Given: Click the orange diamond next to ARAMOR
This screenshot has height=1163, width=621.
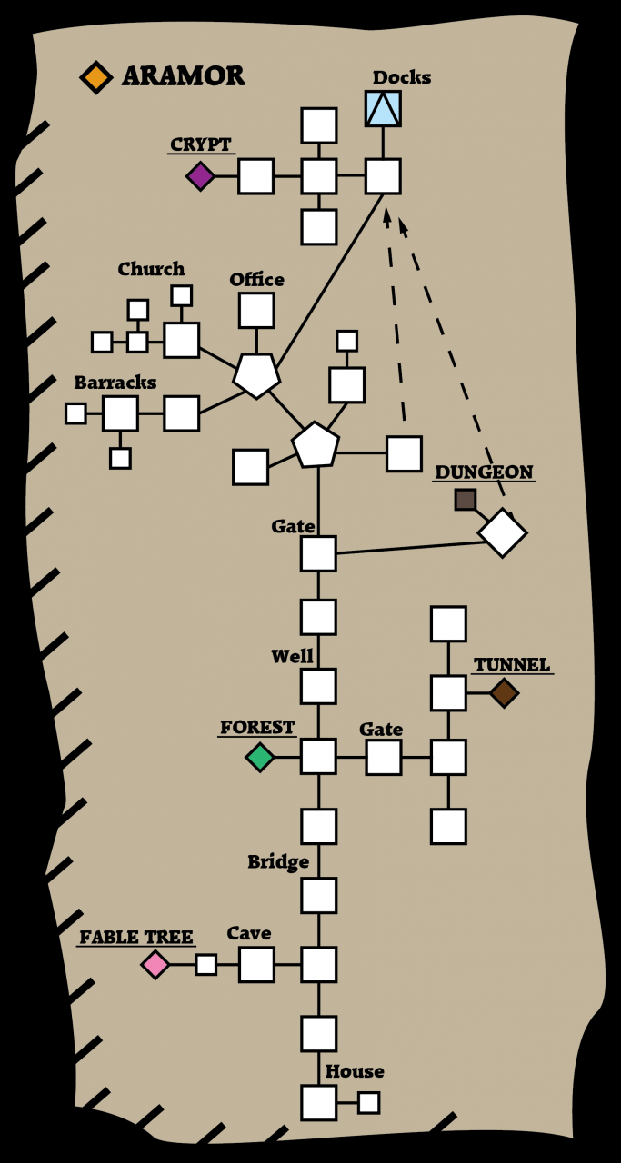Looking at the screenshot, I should (95, 76).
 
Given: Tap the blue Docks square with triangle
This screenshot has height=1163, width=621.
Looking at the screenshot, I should (383, 108).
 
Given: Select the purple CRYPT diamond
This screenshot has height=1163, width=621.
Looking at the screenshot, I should (200, 175).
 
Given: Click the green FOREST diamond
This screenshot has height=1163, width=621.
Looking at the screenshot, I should (260, 757).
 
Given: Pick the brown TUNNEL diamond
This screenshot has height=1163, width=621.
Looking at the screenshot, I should (504, 693).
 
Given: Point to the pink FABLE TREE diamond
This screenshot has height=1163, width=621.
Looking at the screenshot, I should (155, 964).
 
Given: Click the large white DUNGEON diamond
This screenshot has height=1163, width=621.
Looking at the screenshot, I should (503, 532).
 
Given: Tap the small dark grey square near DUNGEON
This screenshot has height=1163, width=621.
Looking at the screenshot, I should (466, 499).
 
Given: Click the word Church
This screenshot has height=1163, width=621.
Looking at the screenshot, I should (151, 269).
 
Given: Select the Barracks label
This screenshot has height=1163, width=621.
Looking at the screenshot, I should (115, 383).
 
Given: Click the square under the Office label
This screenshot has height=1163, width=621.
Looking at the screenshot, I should (256, 310).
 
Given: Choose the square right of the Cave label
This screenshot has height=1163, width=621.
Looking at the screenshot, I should (256, 964).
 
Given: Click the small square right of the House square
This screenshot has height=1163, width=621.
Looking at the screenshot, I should (368, 1102).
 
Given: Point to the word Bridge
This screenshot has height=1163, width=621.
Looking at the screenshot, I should (278, 861).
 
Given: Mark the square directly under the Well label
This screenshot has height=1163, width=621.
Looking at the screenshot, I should (318, 686).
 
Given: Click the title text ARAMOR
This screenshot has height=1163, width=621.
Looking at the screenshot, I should (183, 76).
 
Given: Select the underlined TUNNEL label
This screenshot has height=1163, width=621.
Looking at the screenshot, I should (512, 665).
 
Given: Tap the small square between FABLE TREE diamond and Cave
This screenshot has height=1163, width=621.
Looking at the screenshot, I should (206, 964).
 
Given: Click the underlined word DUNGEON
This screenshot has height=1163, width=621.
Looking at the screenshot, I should (484, 472).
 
